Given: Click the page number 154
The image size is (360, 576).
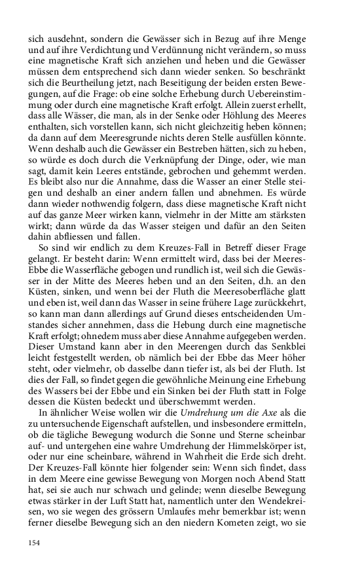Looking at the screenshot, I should point(35,543).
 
